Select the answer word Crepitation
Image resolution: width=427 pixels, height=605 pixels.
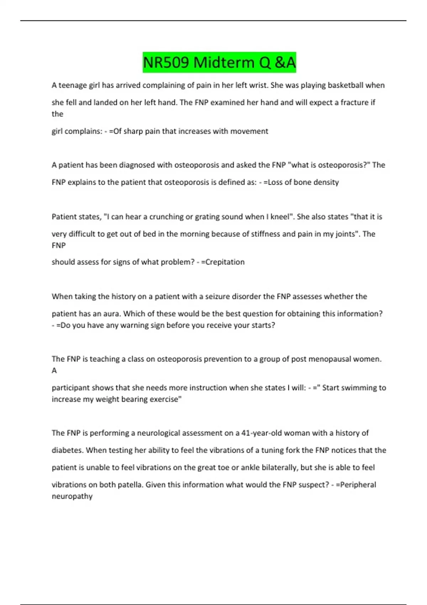point(225,262)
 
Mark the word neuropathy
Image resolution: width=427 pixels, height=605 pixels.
point(72,496)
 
